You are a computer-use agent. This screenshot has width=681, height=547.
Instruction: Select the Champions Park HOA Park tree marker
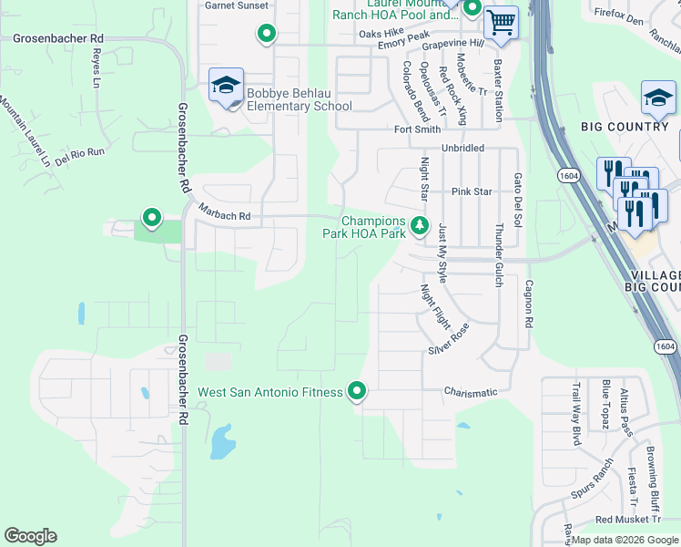point(419,224)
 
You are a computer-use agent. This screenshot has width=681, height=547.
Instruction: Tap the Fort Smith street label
point(417,129)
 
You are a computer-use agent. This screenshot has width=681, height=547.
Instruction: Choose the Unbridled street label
point(463,148)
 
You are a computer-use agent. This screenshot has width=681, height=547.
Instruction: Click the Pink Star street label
point(472,192)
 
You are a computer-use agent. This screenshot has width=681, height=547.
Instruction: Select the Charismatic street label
point(471,393)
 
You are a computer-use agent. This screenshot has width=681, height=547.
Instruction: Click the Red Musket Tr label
point(627,520)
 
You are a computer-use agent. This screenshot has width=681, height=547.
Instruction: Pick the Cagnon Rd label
point(527,304)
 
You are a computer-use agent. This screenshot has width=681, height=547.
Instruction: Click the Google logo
point(30,536)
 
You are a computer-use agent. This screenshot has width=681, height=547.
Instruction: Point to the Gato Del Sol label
point(517,198)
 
